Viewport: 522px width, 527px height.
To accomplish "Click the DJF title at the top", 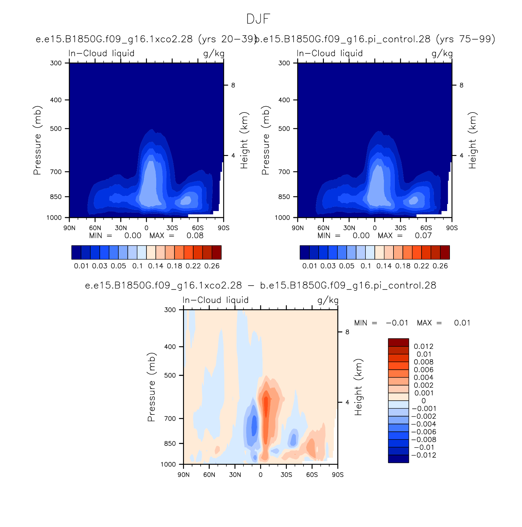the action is [258, 19].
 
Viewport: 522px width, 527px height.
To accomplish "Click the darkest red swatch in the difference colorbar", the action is [398, 342].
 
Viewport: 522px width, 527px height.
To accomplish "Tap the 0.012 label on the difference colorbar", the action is [423, 346].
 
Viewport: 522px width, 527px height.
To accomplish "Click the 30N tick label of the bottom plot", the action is [235, 475].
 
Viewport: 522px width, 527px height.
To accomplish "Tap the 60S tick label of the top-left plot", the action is [198, 228].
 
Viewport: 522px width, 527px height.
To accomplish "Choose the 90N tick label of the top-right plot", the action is [298, 228].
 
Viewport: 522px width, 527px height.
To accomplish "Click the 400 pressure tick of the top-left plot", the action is [56, 100].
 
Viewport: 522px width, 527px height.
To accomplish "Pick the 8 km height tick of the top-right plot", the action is [461, 85].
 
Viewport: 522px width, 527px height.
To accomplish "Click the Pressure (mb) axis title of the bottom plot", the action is [151, 387].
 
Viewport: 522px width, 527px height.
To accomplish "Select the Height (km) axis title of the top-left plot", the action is [244, 140].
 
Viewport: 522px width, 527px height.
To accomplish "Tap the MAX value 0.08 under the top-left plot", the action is [195, 236].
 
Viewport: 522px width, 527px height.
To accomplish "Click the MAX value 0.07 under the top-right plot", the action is [423, 236].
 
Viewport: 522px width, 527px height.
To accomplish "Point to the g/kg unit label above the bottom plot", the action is [328, 300].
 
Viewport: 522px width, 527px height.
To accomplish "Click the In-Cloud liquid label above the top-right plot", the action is [330, 53].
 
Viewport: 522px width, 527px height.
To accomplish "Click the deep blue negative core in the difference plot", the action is [254, 425].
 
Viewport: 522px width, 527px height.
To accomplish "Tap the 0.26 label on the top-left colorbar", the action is [212, 266].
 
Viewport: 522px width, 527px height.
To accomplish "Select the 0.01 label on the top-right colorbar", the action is [310, 266].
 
